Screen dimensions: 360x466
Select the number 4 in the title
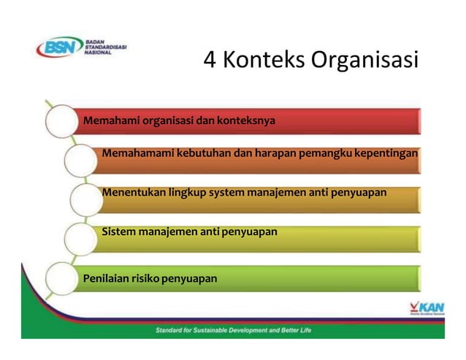pyautogui.click(x=210, y=60)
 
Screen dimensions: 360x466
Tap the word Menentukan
pyautogui.click(x=130, y=193)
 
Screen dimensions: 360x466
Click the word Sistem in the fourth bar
pyautogui.click(x=118, y=232)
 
